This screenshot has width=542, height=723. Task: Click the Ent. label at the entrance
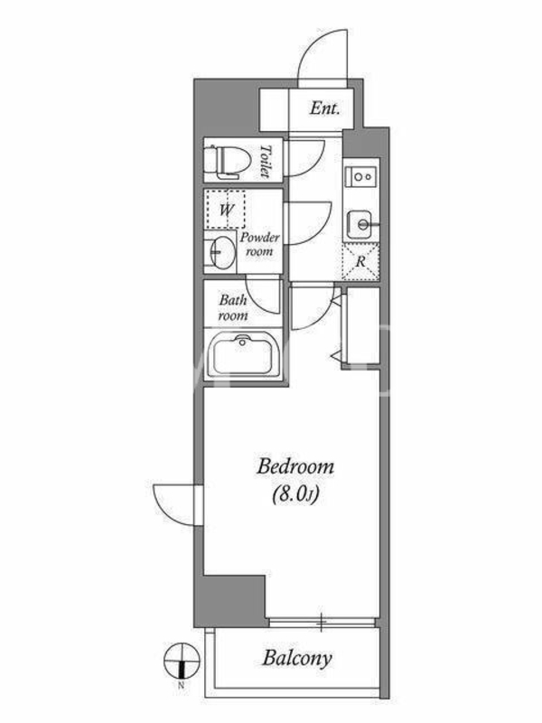(x=324, y=108)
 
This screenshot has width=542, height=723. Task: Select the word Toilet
(x=266, y=161)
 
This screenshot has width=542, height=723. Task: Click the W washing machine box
(x=225, y=209)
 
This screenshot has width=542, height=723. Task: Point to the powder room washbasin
(x=220, y=252)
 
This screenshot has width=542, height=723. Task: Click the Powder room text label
(x=259, y=244)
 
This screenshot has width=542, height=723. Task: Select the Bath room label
(x=233, y=307)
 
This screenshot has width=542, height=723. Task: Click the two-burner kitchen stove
(x=361, y=176)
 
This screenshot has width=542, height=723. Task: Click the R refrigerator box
(x=360, y=262)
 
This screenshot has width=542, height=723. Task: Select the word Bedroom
(x=295, y=466)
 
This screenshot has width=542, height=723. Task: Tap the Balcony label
(x=297, y=659)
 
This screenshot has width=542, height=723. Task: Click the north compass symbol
(x=182, y=661)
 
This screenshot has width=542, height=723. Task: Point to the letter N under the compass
(x=182, y=685)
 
